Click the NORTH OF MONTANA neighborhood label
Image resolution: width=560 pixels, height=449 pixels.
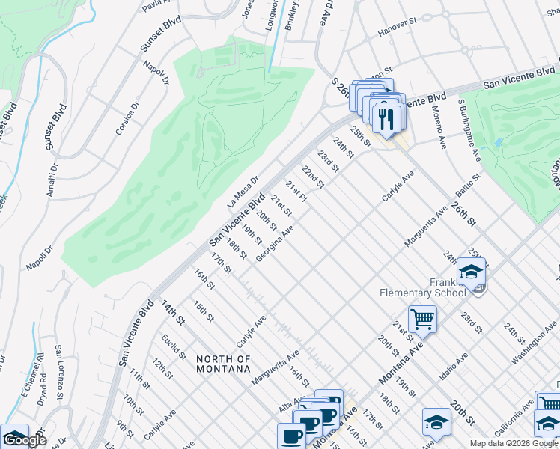tap(222, 364)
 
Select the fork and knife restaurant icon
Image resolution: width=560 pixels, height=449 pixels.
tap(387, 120)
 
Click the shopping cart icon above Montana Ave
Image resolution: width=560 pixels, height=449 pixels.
tap(422, 320)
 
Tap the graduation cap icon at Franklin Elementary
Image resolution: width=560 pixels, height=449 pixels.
tap(471, 272)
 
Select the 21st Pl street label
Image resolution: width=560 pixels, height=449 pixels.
tap(298, 190)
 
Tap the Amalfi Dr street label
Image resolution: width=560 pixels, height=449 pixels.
tap(50, 180)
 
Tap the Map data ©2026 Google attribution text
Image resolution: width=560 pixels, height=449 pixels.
tap(514, 443)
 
